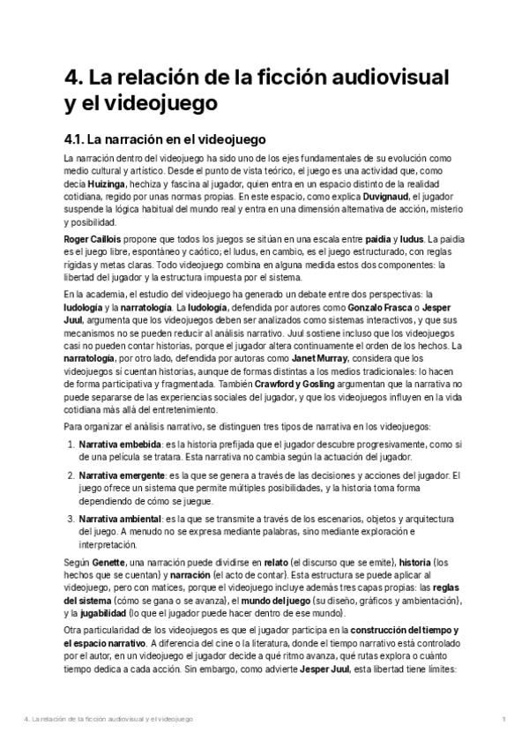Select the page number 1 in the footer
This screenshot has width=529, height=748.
(x=503, y=720)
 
